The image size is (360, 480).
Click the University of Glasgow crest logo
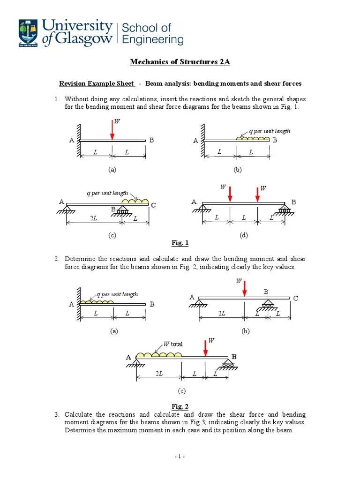(29, 33)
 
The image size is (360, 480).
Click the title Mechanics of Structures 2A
(180, 62)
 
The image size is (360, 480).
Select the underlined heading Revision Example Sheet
(96, 84)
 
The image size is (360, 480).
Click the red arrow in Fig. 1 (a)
(112, 129)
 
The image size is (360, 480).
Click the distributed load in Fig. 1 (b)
(253, 138)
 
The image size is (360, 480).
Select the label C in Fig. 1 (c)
(153, 205)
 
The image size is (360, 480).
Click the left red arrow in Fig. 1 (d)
(230, 194)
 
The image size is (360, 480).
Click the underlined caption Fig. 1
(180, 243)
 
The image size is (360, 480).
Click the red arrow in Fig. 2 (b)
(244, 288)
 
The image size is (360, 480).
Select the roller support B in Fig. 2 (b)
(267, 305)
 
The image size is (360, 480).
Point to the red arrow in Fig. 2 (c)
(205, 348)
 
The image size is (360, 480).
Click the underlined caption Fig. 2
(180, 406)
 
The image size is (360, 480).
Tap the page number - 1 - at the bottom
(180, 457)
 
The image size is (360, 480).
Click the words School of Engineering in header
(152, 33)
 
